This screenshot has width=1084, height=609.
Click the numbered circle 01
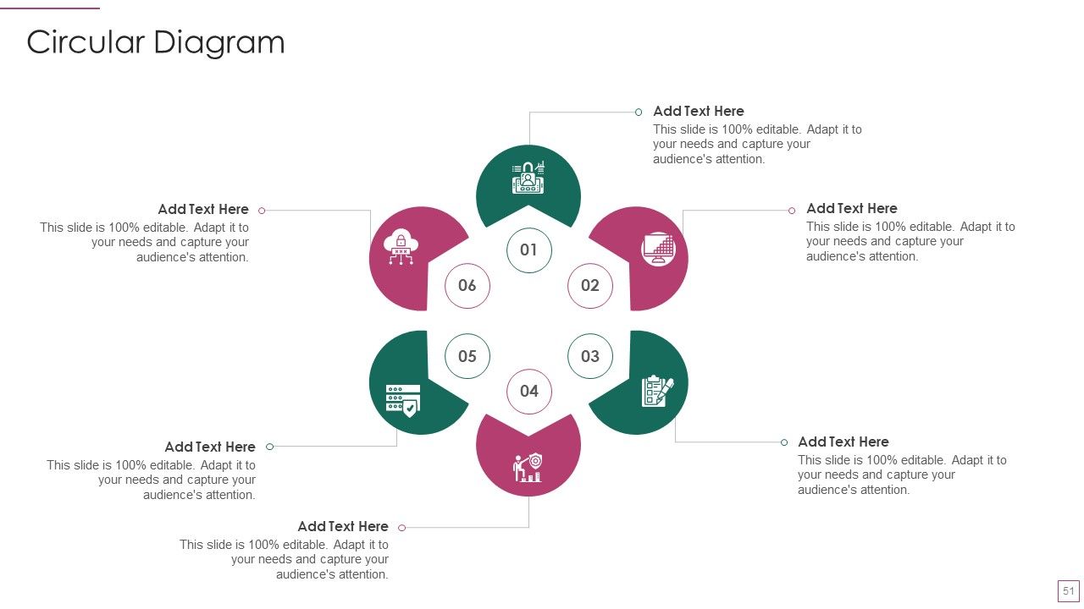[529, 250]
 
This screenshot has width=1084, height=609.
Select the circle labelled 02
[590, 286]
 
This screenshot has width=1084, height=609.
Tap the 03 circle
[590, 356]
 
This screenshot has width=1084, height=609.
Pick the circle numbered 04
[529, 392]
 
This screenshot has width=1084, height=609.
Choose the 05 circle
[467, 356]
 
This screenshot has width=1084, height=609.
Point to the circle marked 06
[467, 286]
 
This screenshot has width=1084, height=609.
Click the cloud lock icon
[401, 247]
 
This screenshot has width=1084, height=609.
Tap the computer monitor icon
[658, 249]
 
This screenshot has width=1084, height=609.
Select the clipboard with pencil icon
[657, 391]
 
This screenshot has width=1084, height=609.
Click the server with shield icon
[402, 401]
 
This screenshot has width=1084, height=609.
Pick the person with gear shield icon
[528, 468]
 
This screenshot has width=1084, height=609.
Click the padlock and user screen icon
[528, 178]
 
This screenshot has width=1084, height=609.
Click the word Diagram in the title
[219, 43]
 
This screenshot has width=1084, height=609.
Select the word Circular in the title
[86, 42]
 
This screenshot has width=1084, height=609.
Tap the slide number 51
[1069, 591]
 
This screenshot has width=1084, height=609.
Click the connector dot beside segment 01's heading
[639, 112]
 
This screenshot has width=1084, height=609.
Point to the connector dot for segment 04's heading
[401, 528]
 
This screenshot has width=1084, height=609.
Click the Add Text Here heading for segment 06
[203, 209]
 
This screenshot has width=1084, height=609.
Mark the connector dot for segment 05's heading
[270, 447]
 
